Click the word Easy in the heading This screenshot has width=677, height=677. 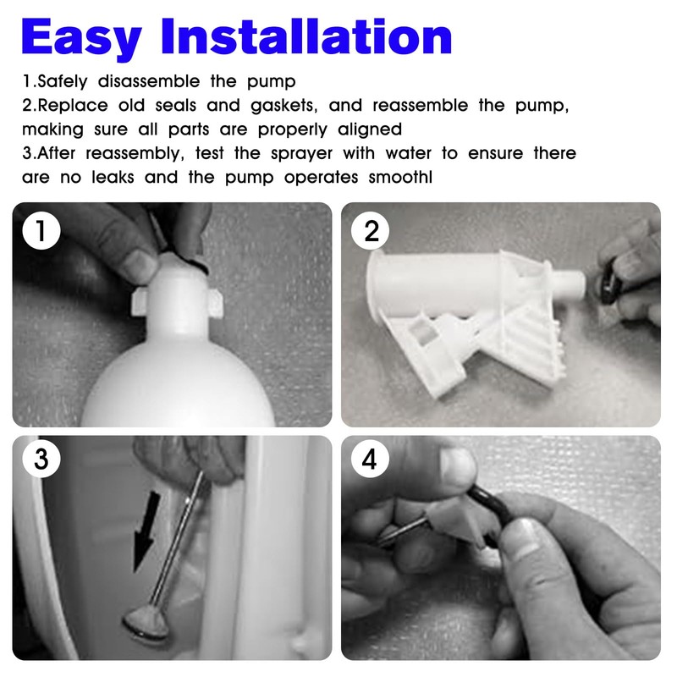[81, 37]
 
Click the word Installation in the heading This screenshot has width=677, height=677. [307, 36]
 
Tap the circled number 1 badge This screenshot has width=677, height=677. [41, 230]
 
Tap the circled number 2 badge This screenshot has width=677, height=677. [371, 230]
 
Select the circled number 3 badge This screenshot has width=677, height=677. [41, 458]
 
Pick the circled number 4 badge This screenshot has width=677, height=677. [370, 458]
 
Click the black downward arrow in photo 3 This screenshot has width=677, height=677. [146, 532]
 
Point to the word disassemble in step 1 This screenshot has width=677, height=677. [149, 81]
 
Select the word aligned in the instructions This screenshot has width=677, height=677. [370, 129]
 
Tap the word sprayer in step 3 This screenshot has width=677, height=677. [301, 154]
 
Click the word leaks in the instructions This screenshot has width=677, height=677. [113, 177]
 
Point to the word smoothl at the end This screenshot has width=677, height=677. [400, 177]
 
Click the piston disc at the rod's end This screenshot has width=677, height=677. [146, 623]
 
